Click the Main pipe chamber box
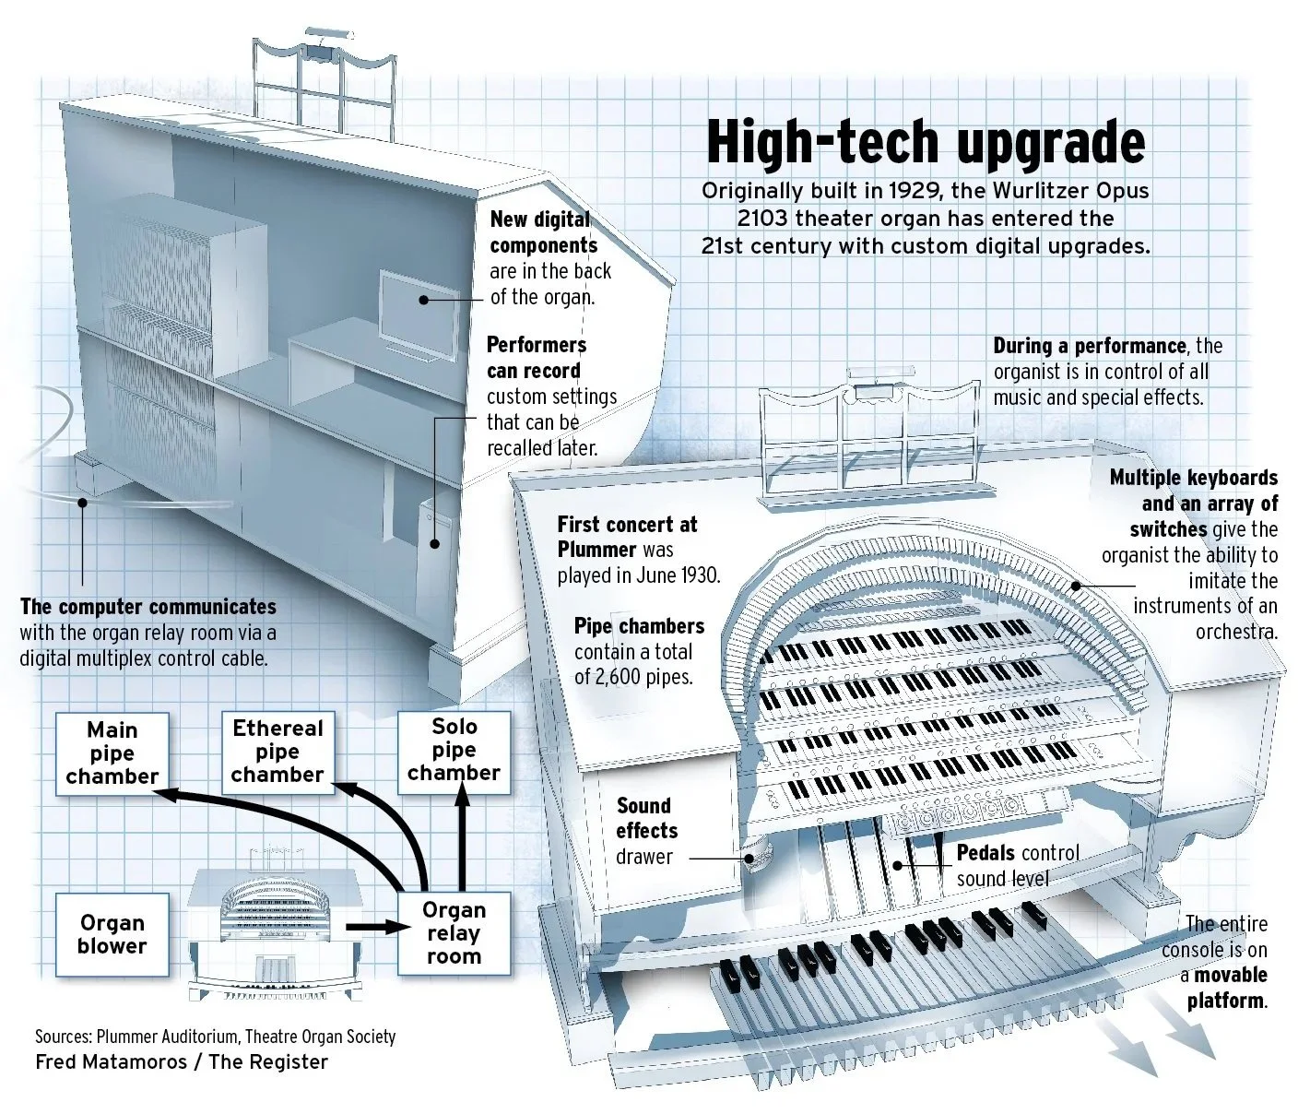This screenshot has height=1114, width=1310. [x=112, y=753]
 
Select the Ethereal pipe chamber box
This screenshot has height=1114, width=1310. [x=277, y=753]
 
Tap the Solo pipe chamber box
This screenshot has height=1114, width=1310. [x=454, y=752]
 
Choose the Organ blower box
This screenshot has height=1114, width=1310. [x=112, y=934]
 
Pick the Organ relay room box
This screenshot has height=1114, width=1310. [x=454, y=933]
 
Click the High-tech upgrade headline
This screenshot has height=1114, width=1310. [x=926, y=142]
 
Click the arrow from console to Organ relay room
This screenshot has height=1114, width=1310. [x=378, y=926]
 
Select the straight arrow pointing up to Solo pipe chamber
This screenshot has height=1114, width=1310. [x=462, y=837]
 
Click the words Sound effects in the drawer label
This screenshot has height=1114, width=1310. [x=646, y=818]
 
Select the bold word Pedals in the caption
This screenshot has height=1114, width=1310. [x=985, y=853]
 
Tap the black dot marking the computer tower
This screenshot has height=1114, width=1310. [x=435, y=543]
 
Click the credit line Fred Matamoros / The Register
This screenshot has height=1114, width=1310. [x=182, y=1062]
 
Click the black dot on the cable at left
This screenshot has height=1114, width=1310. [x=82, y=503]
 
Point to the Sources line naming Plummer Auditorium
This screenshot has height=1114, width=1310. [x=216, y=1037]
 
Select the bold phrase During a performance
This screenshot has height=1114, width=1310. [x=1090, y=346]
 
